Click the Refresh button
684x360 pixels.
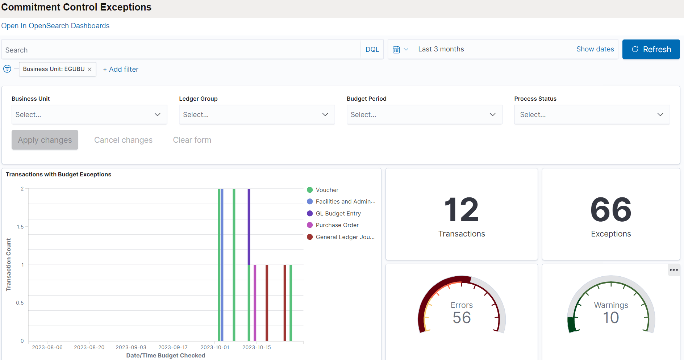click(x=651, y=49)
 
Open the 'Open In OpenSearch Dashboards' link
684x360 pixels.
click(x=55, y=26)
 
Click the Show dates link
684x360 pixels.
click(x=595, y=49)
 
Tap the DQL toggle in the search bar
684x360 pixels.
click(x=372, y=49)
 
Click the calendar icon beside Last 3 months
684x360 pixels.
click(x=396, y=49)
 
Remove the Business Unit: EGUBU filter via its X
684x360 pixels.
click(x=89, y=69)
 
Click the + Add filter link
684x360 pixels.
click(x=121, y=69)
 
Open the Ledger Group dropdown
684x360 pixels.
click(x=257, y=114)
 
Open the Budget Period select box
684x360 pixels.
click(x=424, y=114)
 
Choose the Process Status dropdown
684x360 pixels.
click(x=592, y=114)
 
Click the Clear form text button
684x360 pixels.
click(x=192, y=140)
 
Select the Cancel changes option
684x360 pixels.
click(x=123, y=140)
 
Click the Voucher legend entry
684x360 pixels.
click(x=327, y=190)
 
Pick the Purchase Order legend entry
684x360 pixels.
click(x=337, y=225)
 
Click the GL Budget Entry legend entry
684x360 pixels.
click(x=338, y=213)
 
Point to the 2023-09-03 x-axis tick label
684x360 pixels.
click(x=131, y=347)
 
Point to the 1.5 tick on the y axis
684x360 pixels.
click(x=20, y=227)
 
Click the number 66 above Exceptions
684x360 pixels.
click(x=611, y=210)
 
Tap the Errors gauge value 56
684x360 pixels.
click(x=462, y=318)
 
